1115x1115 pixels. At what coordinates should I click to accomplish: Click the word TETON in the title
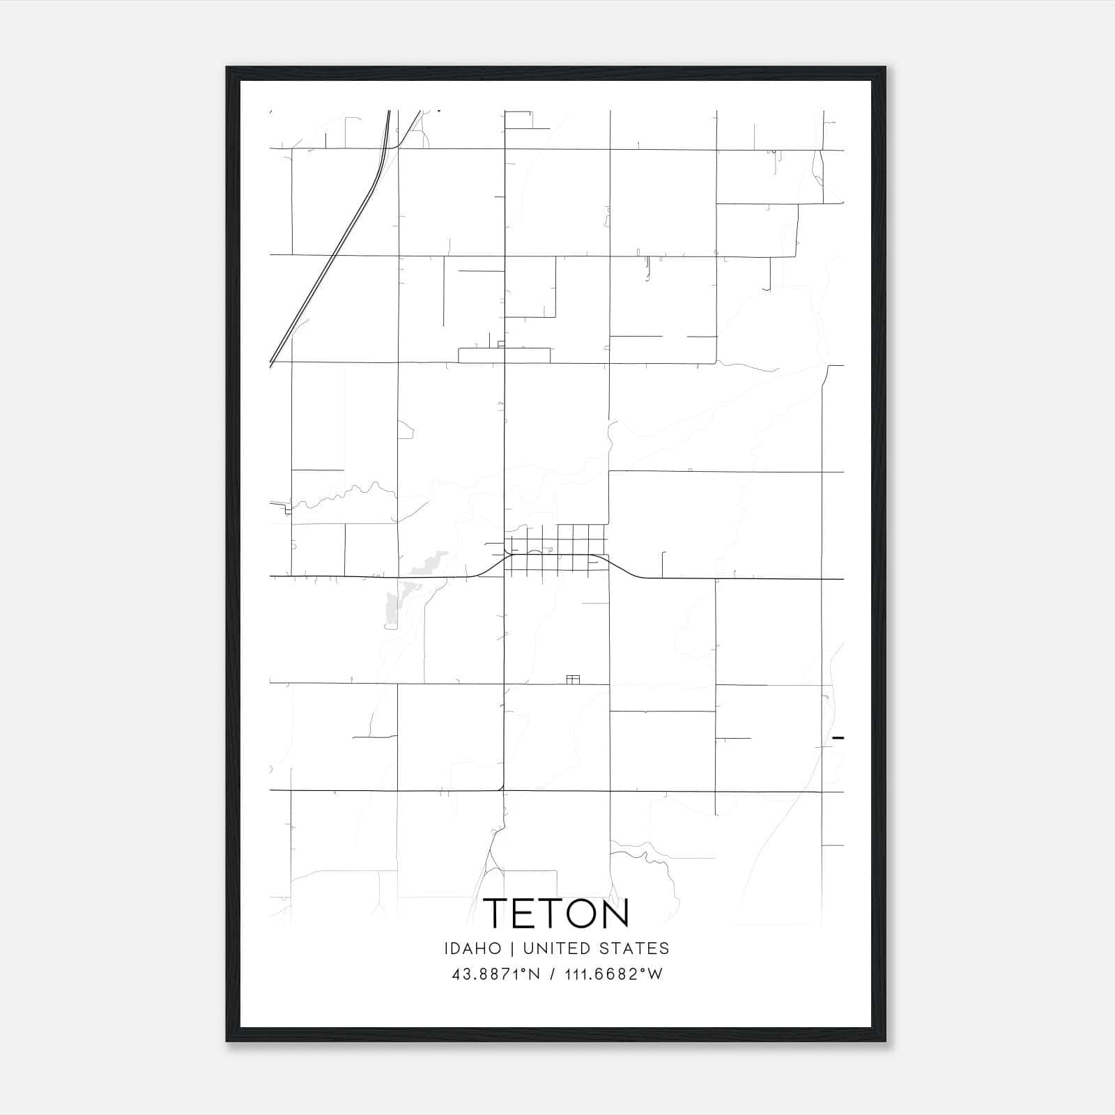[x=556, y=913]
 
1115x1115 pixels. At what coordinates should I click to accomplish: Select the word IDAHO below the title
[x=472, y=948]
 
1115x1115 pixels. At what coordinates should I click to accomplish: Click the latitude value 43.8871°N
[x=496, y=974]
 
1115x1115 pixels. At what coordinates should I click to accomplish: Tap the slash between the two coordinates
[x=553, y=974]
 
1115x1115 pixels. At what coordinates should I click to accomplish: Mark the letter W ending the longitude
[x=656, y=974]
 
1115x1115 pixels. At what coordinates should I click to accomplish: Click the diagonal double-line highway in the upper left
[x=328, y=268]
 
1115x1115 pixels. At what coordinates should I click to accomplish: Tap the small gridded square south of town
[x=574, y=679]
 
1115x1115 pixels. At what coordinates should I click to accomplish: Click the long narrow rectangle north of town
[x=504, y=355]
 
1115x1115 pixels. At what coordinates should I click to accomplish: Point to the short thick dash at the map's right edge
[x=838, y=737]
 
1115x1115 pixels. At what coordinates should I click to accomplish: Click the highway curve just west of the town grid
[x=491, y=566]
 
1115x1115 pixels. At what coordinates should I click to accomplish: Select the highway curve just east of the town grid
[x=624, y=567]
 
